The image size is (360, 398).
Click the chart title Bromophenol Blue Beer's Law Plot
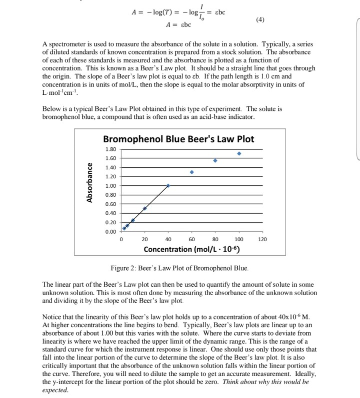tap(178, 139)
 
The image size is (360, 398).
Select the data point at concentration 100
tap(239, 154)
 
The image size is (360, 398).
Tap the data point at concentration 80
tap(215, 160)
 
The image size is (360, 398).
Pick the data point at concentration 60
tap(191, 172)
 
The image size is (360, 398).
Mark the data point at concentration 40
tap(168, 185)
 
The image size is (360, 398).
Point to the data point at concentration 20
tap(144, 208)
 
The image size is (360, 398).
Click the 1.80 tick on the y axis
tap(110, 149)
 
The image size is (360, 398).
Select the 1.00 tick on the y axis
tap(110, 186)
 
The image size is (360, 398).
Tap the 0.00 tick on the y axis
tap(110, 231)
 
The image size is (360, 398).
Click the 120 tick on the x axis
tap(262, 240)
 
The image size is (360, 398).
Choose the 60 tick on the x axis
tap(191, 240)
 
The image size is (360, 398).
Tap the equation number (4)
tap(259, 20)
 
